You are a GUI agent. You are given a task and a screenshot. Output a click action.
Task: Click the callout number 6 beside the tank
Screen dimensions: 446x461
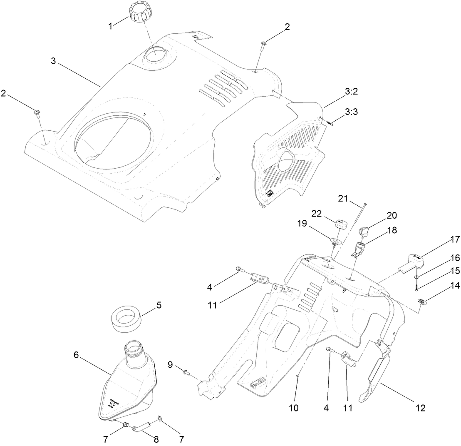(76, 355)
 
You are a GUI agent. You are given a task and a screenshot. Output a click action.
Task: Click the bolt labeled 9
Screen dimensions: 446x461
(184, 371)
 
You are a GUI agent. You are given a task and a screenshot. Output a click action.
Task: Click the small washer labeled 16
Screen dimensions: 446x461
(417, 277)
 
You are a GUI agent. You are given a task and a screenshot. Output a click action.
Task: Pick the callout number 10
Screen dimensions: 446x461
(294, 408)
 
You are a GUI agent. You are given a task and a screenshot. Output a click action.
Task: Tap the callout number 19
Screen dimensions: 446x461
(313, 224)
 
